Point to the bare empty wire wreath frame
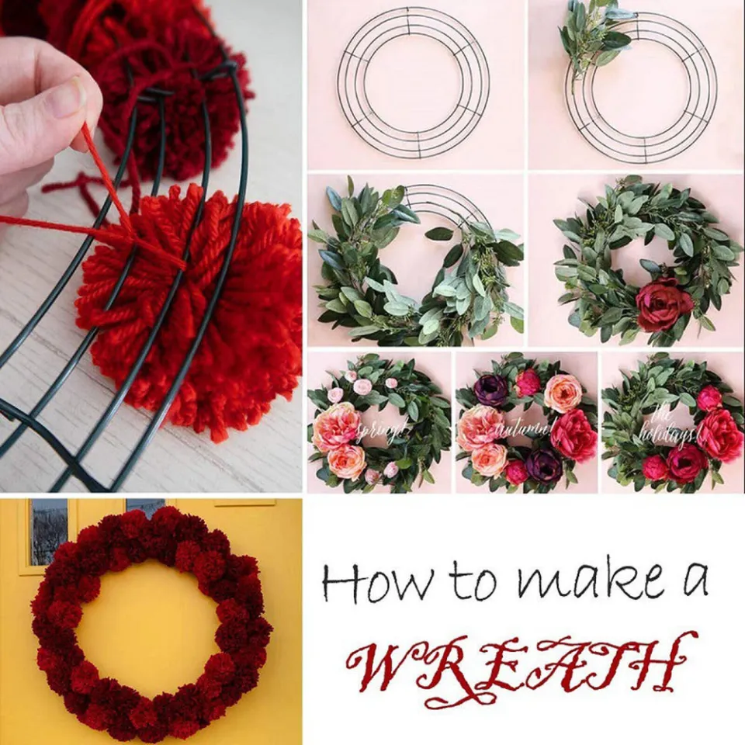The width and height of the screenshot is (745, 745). pos(413,84)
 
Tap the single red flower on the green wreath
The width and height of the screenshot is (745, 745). pos(664,304)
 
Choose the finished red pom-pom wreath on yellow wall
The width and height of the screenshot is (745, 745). pos(151,621)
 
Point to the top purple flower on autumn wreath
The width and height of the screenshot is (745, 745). pos(490,390)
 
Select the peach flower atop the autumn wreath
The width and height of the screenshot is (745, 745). pos(563,393)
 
